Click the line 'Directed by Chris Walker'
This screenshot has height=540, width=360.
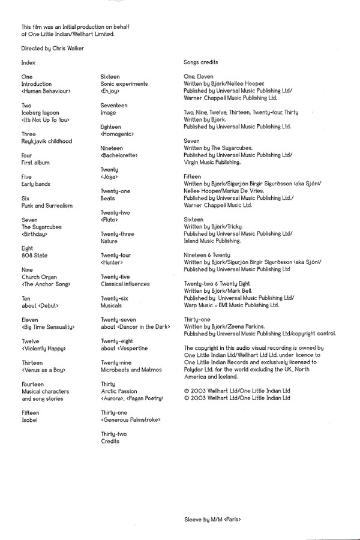click(52, 48)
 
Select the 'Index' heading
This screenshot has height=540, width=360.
click(28, 62)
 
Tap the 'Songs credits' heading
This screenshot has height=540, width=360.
click(200, 62)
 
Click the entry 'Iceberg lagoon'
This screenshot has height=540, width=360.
click(41, 113)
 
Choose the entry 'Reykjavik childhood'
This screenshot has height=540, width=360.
click(46, 141)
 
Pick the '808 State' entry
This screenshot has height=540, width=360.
click(34, 255)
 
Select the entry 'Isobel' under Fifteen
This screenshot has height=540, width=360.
click(29, 420)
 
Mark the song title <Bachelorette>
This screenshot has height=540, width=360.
click(119, 155)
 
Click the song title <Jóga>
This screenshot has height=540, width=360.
click(109, 177)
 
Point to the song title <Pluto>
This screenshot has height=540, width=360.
click(110, 220)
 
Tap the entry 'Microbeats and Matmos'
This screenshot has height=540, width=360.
click(131, 370)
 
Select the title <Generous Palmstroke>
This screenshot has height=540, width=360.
click(131, 420)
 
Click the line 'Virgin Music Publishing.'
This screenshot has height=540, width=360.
click(212, 162)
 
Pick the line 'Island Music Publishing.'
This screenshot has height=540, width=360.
click(212, 241)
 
